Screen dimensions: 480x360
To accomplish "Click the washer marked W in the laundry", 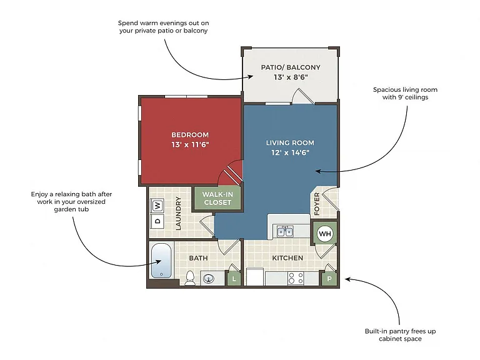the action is (157, 206).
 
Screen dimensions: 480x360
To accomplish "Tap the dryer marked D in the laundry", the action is (157, 221).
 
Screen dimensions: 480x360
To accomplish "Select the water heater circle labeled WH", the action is (325, 234).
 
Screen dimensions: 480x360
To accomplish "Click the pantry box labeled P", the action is (329, 279).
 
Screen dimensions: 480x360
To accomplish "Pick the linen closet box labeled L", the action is (234, 279).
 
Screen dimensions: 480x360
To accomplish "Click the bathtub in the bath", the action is (161, 261).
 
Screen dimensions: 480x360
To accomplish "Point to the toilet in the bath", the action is (190, 278).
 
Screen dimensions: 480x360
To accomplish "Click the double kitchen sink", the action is (285, 231).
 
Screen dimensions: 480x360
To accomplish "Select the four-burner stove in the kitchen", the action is (296, 278).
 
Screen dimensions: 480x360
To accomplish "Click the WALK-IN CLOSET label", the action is (217, 198).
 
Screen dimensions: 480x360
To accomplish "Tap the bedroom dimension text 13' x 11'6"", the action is (190, 144).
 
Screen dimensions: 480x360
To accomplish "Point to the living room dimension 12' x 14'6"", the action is (290, 152).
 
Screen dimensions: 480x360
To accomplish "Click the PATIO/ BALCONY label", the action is (291, 67).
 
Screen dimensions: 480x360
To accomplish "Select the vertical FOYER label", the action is (317, 204).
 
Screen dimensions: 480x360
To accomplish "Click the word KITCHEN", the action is (287, 258).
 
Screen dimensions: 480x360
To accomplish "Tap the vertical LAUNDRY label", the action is (178, 213).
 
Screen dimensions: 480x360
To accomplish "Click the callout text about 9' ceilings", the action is (405, 93).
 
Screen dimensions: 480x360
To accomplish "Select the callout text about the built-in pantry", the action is (400, 335).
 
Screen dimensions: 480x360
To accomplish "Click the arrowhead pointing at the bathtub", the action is (159, 262).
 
